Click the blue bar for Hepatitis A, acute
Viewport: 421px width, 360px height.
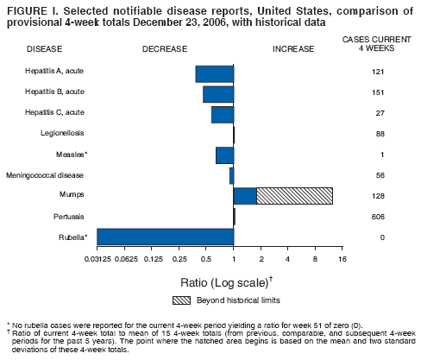[x=215, y=73]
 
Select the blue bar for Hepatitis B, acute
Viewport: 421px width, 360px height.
[x=218, y=94]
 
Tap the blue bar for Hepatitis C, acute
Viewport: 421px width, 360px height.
[x=223, y=115]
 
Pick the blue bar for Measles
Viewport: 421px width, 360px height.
[x=224, y=155]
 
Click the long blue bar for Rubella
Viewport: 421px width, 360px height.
[x=165, y=237]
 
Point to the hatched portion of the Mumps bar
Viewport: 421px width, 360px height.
[x=294, y=196]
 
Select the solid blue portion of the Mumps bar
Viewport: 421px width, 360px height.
[x=245, y=196]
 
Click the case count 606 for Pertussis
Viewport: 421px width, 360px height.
[x=378, y=216]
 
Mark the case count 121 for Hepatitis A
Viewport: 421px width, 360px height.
[x=378, y=72]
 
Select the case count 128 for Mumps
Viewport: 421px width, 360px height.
[x=378, y=196]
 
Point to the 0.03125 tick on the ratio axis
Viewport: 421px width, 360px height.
[x=98, y=258]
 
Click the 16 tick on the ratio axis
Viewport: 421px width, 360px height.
[x=342, y=258]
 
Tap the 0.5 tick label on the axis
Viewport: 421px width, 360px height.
[x=206, y=258]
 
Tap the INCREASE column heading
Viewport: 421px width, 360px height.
[x=293, y=48]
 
